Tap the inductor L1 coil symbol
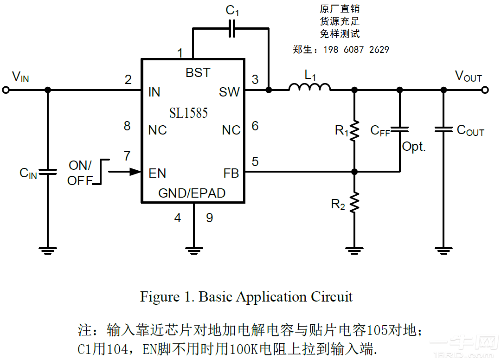coord(309,87)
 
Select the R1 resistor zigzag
coord(354,131)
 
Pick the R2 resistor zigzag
coord(354,203)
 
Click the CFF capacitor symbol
coord(399,130)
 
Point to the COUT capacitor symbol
coord(444,130)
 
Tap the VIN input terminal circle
coord(6,90)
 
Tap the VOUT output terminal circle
coord(485,90)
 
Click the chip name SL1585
coord(188,113)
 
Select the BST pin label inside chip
coord(198,73)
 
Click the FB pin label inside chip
coord(231,174)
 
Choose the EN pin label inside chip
coord(157,174)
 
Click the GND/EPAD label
coord(192,193)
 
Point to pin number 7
coord(127,156)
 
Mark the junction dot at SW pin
coord(269,90)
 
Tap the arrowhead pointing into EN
coord(135,172)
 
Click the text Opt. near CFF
coord(414,147)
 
